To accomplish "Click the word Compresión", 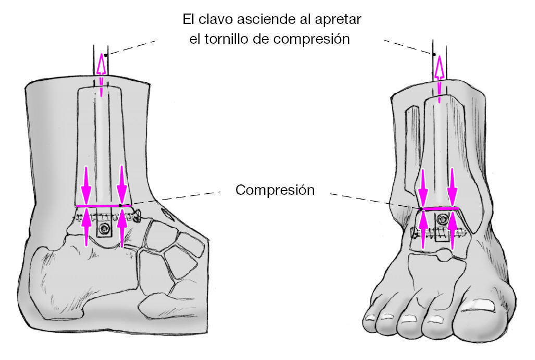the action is click(275, 190).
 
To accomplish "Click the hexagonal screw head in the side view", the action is click(106, 229).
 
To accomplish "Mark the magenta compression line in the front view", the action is click(440, 208).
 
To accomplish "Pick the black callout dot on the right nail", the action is click(433, 54).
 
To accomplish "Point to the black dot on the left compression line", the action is click(120, 206).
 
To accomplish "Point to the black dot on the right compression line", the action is click(421, 209).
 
